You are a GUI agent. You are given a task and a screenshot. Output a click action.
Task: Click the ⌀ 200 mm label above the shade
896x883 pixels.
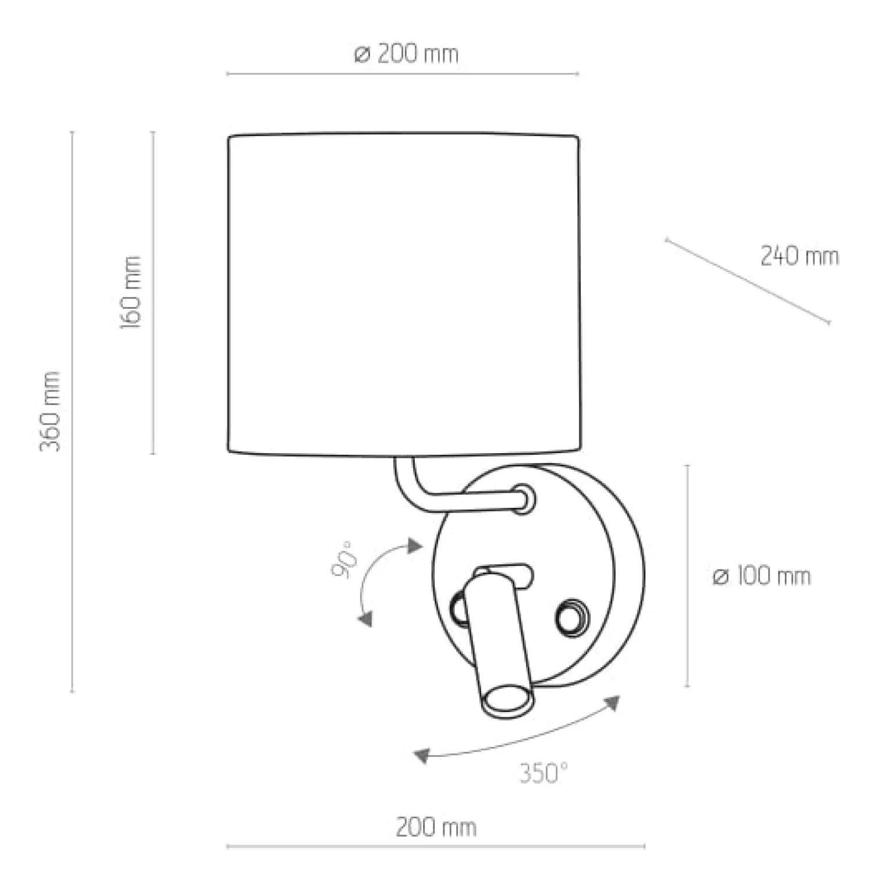pos(406,54)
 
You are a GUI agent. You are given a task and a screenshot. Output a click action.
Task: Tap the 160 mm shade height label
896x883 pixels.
pos(131,292)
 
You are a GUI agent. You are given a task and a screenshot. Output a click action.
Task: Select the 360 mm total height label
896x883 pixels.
pos(49,411)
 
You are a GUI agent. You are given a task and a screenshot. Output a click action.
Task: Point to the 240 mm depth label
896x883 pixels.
pos(799,256)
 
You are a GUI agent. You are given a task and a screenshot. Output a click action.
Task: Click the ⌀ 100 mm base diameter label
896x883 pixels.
pos(762,576)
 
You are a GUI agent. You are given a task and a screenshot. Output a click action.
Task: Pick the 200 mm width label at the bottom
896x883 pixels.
pos(436,827)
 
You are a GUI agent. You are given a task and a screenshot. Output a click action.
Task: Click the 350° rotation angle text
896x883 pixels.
pos(543,774)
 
